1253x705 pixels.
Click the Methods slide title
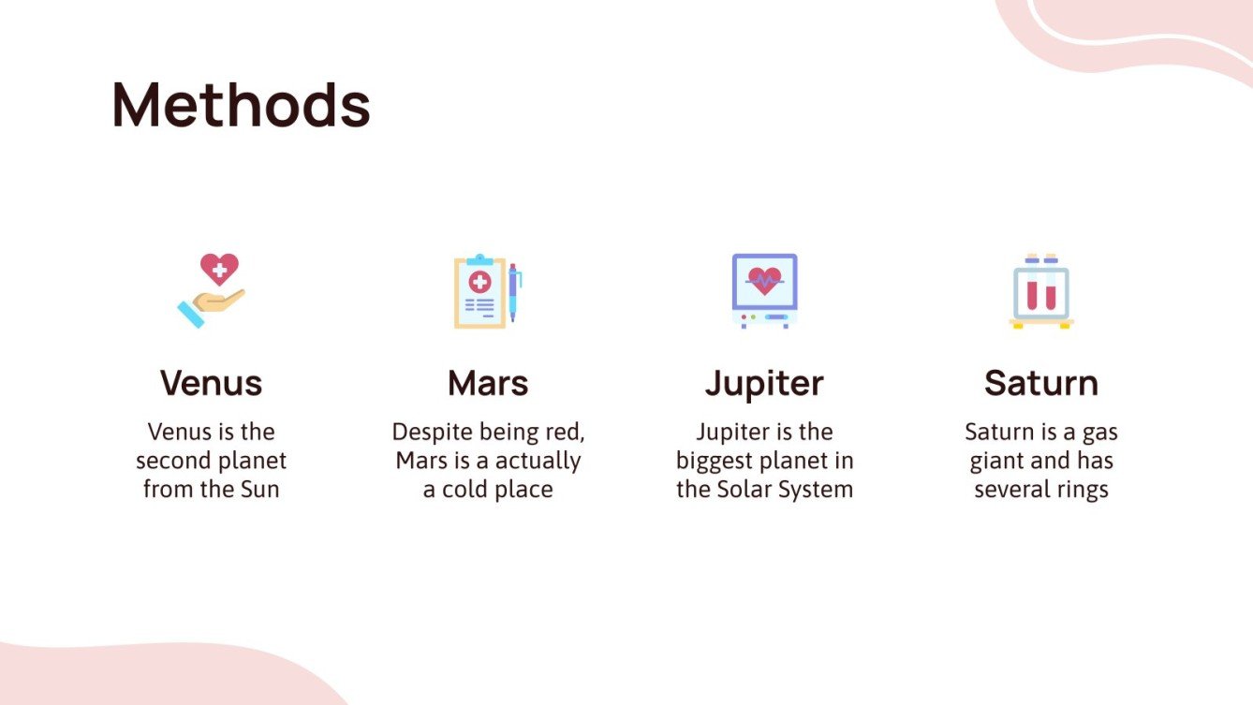[241, 105]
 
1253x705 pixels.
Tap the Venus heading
[211, 383]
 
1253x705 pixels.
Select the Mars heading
[488, 383]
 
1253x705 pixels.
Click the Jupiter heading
[764, 383]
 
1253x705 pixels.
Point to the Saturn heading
[1040, 383]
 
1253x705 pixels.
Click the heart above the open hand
[220, 270]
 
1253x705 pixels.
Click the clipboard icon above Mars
[479, 291]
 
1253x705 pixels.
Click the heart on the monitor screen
[764, 280]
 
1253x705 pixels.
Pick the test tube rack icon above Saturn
[1040, 291]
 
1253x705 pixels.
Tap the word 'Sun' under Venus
[259, 490]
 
